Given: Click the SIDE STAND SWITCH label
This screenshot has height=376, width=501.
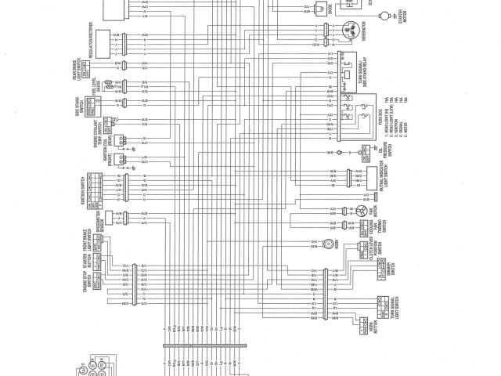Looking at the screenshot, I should tap(80, 109).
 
